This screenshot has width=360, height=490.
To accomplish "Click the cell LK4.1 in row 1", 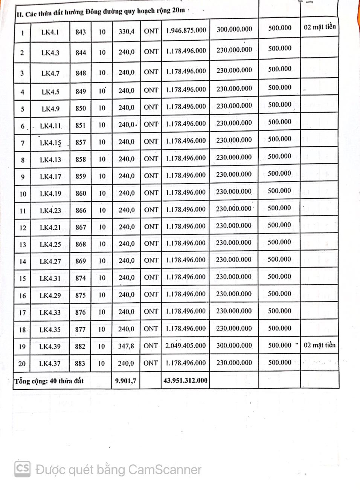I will [x=50, y=32].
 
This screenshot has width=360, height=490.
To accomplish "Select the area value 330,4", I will [x=127, y=31].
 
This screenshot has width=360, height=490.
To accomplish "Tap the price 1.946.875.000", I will [x=186, y=30].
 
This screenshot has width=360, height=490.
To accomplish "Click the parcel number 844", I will [x=81, y=52].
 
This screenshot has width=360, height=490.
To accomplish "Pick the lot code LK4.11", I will [x=50, y=126].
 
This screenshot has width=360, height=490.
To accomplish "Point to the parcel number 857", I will [x=81, y=142].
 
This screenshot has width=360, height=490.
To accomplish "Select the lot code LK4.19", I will [x=50, y=194].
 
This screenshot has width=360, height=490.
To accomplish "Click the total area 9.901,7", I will [x=126, y=381].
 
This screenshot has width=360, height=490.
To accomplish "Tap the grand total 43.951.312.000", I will [x=185, y=380].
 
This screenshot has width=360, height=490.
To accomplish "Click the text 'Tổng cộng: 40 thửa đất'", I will [x=49, y=381].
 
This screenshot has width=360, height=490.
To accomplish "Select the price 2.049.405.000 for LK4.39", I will [x=186, y=346].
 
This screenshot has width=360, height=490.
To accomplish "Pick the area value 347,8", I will [x=126, y=346].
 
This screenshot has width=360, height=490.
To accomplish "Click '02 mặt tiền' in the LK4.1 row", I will [x=320, y=27].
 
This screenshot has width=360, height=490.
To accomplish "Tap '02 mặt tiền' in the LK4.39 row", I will [x=320, y=345].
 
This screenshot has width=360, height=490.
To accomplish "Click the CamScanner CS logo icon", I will [x=22, y=469].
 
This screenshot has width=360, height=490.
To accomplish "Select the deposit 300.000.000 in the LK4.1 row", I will [x=234, y=29].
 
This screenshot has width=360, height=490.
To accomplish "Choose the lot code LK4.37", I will [x=50, y=363].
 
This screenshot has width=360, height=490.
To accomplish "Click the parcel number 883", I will [x=80, y=363].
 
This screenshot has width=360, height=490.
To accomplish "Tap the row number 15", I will [x=23, y=279].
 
